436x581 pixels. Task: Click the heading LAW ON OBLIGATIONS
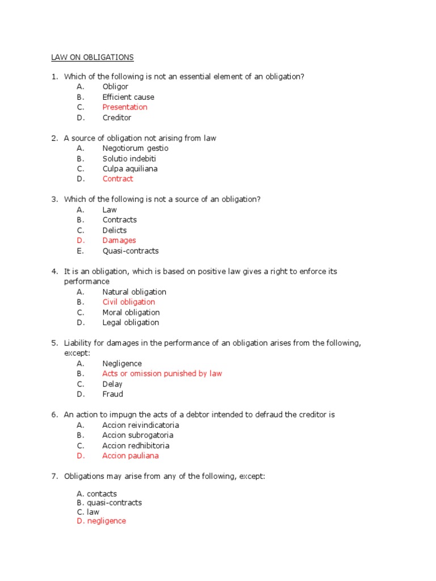point(90,57)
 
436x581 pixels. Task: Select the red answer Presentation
point(125,107)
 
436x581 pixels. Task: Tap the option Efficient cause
point(128,97)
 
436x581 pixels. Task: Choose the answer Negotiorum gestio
point(135,148)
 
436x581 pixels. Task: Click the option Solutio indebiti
point(129,158)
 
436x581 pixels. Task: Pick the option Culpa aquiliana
point(130,169)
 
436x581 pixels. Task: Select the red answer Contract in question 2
point(118,179)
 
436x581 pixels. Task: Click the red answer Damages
point(119,241)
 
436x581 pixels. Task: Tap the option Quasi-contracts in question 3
point(131,251)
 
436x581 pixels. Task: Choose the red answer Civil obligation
point(128,302)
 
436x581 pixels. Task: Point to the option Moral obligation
point(131,312)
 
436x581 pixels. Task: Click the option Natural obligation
point(135,292)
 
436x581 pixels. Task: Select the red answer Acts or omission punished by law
point(162,373)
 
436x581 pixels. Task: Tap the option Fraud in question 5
point(112,394)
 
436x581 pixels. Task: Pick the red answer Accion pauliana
point(131,456)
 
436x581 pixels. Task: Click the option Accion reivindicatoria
point(141,425)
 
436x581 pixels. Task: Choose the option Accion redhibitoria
point(136,445)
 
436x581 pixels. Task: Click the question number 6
point(54,415)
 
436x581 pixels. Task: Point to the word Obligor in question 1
point(115,87)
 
